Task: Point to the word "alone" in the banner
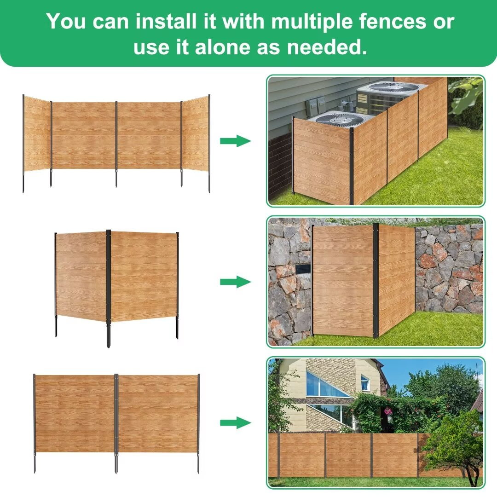[222, 47]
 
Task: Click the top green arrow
[236, 141]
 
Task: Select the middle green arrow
[236, 282]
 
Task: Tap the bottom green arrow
[236, 422]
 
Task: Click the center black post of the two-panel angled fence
[109, 289]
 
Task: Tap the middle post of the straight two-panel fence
[116, 423]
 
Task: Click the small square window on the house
[365, 383]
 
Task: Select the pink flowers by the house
[387, 411]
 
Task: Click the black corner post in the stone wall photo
[376, 281]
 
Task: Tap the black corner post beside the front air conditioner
[352, 166]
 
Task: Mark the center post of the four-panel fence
[116, 144]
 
